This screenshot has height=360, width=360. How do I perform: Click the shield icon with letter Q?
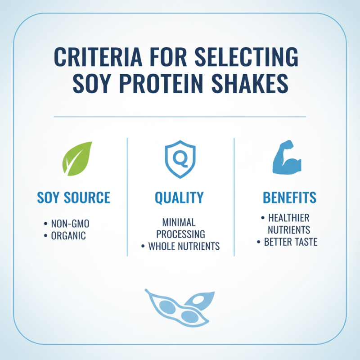[x=180, y=159]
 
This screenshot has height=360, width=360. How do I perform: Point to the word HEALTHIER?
[x=288, y=218]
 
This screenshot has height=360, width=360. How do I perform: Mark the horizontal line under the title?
[x=180, y=117]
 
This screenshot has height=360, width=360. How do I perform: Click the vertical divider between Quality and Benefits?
[x=234, y=198]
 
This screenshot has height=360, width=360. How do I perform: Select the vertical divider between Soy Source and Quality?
[x=127, y=198]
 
